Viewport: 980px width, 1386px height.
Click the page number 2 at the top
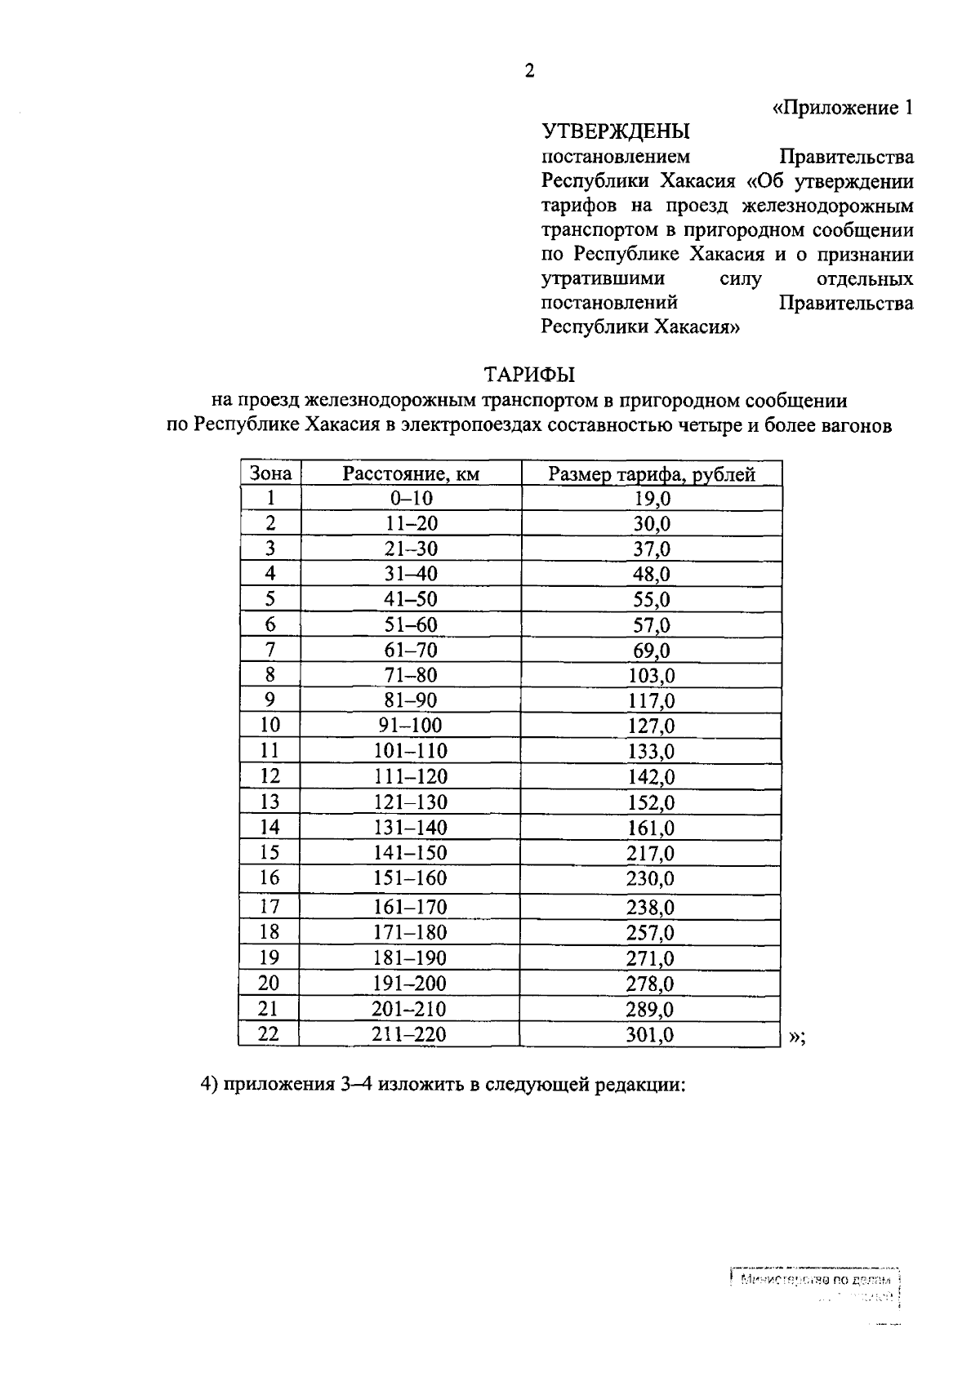529,71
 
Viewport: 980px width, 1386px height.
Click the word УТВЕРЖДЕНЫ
616,131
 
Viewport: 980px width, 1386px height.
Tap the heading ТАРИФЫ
529,375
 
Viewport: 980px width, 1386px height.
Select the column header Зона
270,473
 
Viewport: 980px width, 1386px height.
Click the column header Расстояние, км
411,473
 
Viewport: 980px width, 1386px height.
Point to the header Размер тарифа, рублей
652,474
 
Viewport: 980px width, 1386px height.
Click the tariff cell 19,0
652,500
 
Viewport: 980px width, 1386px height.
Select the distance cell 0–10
411,499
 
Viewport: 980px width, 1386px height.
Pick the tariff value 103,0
652,676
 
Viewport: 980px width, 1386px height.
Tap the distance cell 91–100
411,726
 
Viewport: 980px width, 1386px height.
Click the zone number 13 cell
269,802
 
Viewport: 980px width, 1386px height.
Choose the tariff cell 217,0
652,854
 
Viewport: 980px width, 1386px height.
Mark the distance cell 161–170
411,907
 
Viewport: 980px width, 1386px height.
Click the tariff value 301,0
652,1035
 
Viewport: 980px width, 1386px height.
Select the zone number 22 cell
268,1034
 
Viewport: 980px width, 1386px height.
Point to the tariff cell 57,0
652,626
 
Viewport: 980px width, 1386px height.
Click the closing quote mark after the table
797,1037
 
